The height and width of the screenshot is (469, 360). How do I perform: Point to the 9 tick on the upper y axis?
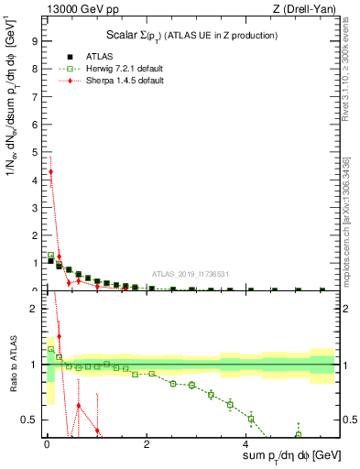click(x=34, y=40)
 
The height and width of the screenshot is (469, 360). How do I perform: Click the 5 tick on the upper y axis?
click(x=34, y=151)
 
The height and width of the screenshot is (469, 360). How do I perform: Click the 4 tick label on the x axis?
click(x=245, y=445)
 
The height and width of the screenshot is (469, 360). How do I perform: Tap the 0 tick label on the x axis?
click(x=46, y=445)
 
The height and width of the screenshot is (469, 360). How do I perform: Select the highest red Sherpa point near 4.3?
click(x=51, y=171)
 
